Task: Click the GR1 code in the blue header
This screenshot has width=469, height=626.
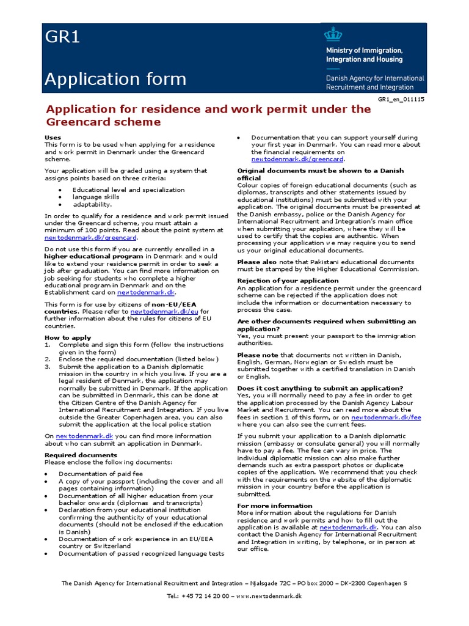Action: pos(62,38)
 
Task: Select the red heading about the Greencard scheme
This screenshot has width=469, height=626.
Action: pos(208,115)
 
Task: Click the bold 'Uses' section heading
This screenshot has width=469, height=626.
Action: pos(53,137)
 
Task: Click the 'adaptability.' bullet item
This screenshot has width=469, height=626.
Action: pos(92,205)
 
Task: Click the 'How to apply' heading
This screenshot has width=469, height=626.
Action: pos(68,337)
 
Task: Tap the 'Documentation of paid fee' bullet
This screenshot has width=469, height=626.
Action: pos(101,474)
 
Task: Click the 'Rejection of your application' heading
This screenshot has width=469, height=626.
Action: pos(288,281)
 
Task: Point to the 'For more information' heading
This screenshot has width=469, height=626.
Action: pos(274,506)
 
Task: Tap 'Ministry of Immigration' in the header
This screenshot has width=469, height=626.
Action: pos(373,51)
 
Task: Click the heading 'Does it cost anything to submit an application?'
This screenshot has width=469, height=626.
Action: pos(320,388)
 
